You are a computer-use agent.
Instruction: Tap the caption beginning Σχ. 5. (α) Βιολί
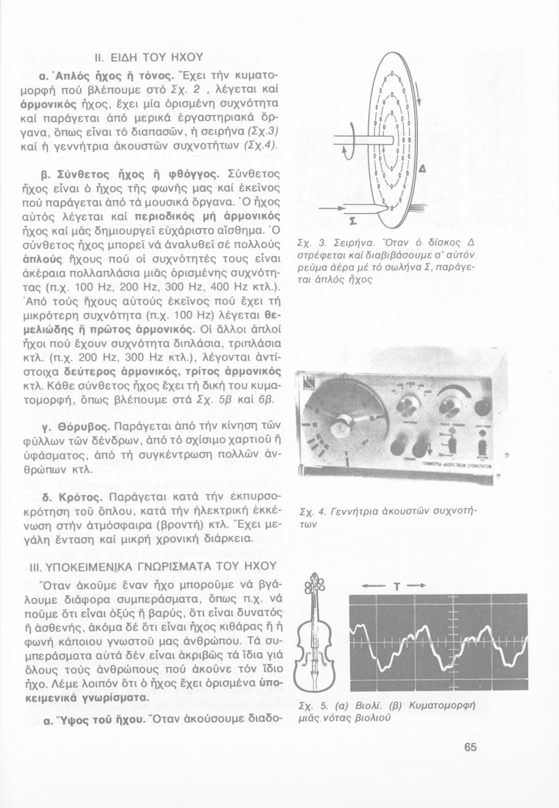387,712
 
